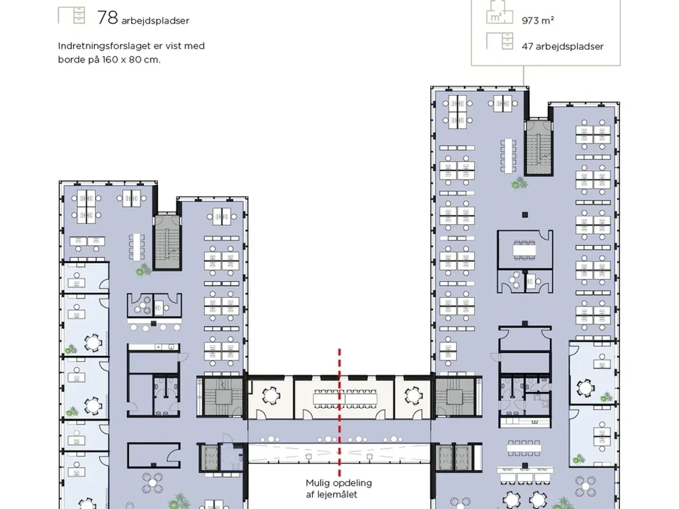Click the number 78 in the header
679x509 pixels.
point(107,17)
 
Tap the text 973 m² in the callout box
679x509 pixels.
point(537,21)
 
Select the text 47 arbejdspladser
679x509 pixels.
point(562,46)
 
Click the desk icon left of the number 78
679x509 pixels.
point(71,15)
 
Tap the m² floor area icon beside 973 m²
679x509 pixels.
point(499,13)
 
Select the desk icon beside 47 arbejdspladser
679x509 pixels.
point(500,41)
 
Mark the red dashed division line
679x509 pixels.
point(339,414)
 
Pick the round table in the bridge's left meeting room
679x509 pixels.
point(271,395)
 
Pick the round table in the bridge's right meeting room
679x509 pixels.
point(412,395)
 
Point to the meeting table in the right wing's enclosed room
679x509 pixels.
point(524,249)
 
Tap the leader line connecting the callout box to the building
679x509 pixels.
point(524,76)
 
